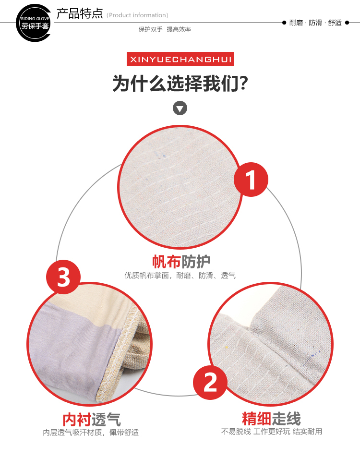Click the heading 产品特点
coord(79,13)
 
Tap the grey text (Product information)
coord(137,15)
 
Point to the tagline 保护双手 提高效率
coord(165,29)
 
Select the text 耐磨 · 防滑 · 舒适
coord(315,23)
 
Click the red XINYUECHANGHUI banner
coord(180,59)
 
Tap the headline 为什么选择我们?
coord(180,84)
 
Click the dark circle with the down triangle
coord(180,108)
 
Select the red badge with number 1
coord(251,180)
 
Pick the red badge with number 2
coord(210,382)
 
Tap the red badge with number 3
coord(63,277)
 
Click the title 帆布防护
coord(181,262)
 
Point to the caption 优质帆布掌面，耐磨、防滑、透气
coord(180,276)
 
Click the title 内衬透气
coord(91,420)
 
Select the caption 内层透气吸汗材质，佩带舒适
coord(91,432)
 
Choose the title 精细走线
coord(271,419)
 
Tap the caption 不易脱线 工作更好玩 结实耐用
coord(272,432)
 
